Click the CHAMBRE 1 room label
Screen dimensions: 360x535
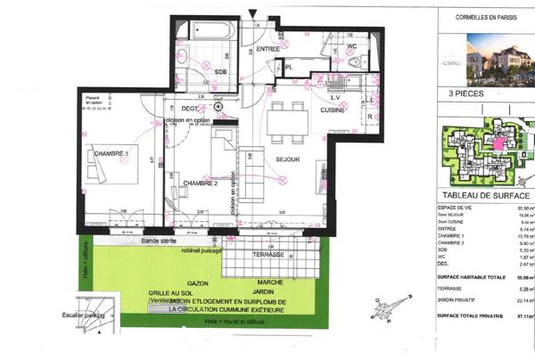111,154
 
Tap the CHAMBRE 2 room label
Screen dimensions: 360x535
201,183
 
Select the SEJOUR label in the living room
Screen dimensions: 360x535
287,160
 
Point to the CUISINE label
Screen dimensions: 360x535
333,109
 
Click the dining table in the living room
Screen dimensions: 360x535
288,115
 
